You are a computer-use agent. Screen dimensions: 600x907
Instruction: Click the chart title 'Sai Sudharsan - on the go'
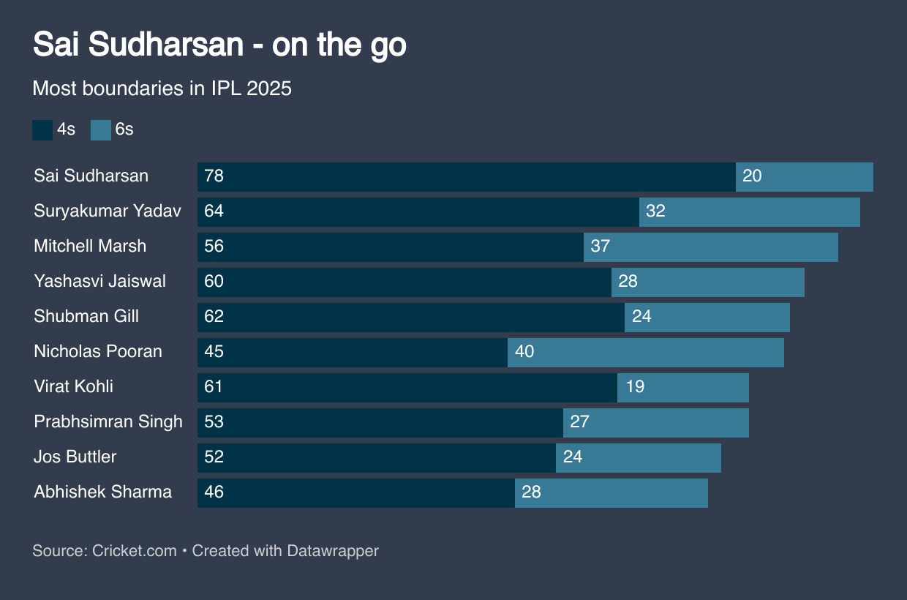coord(219,45)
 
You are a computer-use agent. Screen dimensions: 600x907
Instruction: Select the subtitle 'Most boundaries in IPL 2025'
coord(162,89)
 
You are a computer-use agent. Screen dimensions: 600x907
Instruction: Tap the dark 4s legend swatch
coord(42,130)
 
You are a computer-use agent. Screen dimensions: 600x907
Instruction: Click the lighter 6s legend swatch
coord(100,130)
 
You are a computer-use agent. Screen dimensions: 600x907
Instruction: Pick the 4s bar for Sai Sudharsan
coord(466,177)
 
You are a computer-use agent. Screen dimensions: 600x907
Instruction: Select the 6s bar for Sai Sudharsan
coord(805,177)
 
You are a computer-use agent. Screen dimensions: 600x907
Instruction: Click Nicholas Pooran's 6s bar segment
coord(646,353)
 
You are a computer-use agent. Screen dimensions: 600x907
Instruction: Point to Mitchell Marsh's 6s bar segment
coord(711,247)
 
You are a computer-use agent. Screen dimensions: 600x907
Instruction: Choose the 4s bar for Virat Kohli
coord(407,388)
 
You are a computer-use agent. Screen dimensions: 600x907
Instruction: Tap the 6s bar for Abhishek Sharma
coord(611,493)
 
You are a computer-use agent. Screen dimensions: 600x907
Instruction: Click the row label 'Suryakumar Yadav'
coord(108,211)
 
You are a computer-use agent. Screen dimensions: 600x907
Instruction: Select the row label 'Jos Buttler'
coord(75,457)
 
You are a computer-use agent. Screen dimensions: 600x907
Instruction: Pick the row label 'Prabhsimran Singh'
coord(108,422)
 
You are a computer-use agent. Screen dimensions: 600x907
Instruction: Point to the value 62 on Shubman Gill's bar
coord(214,317)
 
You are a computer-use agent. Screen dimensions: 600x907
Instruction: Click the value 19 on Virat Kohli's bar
coord(635,387)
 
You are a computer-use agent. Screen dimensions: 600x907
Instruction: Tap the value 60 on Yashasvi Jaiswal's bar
coord(214,282)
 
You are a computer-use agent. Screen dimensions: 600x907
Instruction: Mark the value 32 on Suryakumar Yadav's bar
coord(655,211)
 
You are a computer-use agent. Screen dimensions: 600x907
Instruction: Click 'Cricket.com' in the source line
coord(135,551)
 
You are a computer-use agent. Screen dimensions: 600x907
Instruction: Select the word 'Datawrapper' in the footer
coord(333,551)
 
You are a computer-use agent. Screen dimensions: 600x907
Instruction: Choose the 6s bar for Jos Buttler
coord(639,458)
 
